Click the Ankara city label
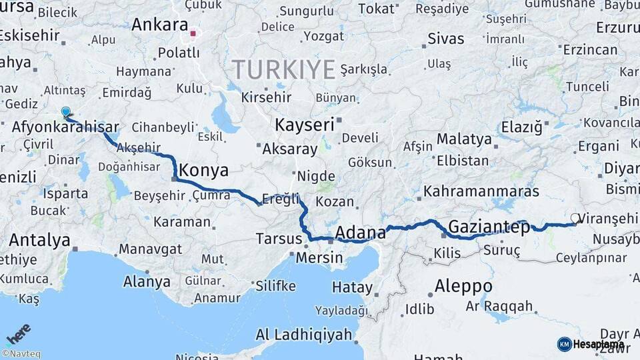coord(160,25)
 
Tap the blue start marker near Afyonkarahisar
coord(65,112)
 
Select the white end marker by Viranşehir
coord(575,218)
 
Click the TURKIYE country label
coord(283,69)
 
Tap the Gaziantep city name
coord(489,227)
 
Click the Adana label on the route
coord(361,233)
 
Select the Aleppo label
coord(463,287)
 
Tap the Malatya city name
coord(465,139)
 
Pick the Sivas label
coord(445,38)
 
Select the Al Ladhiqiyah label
coord(303,335)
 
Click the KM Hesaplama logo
coord(591,344)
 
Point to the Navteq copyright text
coord(21,354)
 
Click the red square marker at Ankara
coord(193,33)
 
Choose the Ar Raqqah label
coord(499,307)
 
